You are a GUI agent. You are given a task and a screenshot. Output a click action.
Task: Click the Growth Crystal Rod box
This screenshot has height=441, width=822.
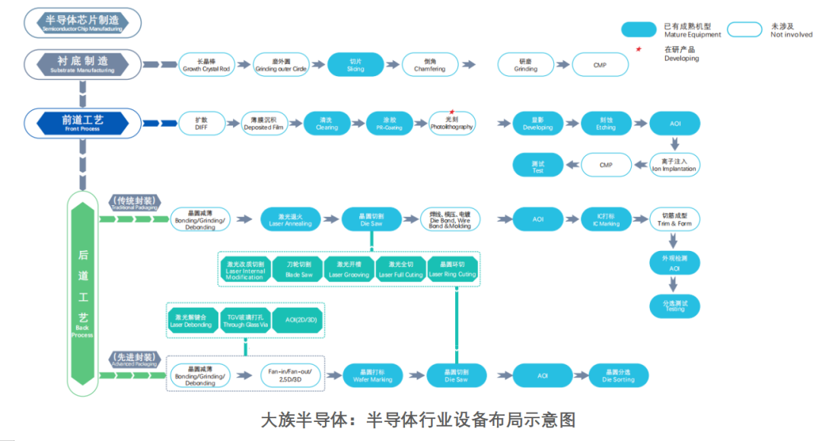[206, 65]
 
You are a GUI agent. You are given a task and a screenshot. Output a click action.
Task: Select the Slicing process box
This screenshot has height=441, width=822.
[355, 65]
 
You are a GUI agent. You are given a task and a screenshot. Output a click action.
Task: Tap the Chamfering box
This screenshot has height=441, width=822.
[430, 65]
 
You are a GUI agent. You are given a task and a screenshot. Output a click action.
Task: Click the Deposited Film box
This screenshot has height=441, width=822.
[265, 123]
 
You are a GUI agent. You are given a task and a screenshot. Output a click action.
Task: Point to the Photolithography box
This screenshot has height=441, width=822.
[451, 123]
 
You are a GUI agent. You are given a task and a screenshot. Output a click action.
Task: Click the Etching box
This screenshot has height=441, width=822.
[606, 123]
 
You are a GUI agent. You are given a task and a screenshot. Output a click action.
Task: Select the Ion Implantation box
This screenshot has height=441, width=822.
[674, 165]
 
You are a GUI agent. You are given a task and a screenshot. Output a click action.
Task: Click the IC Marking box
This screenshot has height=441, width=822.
[606, 220]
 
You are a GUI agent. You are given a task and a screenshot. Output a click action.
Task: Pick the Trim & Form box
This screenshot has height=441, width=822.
[674, 220]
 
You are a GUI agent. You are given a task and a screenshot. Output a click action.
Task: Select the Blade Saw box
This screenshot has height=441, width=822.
[299, 269]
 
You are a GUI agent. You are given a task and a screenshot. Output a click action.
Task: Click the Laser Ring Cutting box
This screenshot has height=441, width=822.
[452, 269]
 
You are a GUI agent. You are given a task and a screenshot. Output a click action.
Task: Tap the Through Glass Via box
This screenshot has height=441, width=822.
[245, 320]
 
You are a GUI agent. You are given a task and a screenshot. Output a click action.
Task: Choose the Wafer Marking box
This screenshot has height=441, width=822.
[373, 375]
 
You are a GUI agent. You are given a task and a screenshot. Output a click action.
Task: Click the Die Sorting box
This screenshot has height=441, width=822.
[620, 375]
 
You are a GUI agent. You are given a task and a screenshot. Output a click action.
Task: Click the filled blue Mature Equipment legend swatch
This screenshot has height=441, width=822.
[648, 29]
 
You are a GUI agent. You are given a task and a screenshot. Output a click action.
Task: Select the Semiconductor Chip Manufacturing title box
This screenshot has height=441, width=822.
[82, 22]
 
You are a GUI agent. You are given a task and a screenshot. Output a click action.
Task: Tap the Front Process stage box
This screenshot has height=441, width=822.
[82, 123]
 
